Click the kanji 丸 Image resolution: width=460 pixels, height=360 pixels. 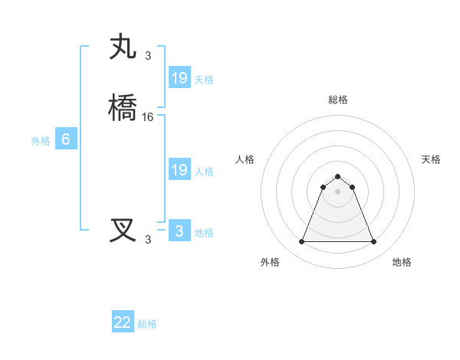123,47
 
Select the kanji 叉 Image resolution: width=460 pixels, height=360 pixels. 123,231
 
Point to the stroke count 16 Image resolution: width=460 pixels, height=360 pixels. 148,117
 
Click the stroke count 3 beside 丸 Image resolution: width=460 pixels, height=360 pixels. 148,55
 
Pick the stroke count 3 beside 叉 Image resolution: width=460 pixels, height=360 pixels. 148,239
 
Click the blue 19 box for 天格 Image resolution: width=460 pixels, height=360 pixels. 179,78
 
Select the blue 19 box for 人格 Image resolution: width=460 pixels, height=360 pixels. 179,170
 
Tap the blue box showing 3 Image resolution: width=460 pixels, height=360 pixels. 179,231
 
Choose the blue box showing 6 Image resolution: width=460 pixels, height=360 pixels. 66,139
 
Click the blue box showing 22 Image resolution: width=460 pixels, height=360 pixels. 123,322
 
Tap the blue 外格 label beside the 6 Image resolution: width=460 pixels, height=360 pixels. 41,141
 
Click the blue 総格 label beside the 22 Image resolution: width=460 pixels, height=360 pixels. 147,324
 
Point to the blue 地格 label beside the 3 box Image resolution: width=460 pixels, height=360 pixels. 204,233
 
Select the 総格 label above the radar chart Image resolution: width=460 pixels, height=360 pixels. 337,100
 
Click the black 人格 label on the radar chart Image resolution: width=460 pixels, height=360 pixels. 245,159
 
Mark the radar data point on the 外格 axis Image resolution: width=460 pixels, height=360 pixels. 301,242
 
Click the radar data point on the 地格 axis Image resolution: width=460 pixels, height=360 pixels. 373,242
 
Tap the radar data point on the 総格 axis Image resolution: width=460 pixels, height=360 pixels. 337,175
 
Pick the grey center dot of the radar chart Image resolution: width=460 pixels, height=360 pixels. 337,191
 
